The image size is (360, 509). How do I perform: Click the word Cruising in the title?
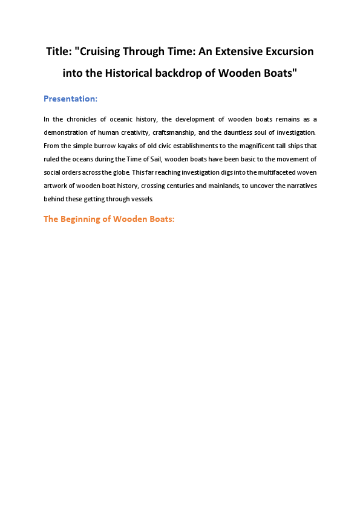click(103, 51)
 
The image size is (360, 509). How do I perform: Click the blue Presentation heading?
click(70, 98)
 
